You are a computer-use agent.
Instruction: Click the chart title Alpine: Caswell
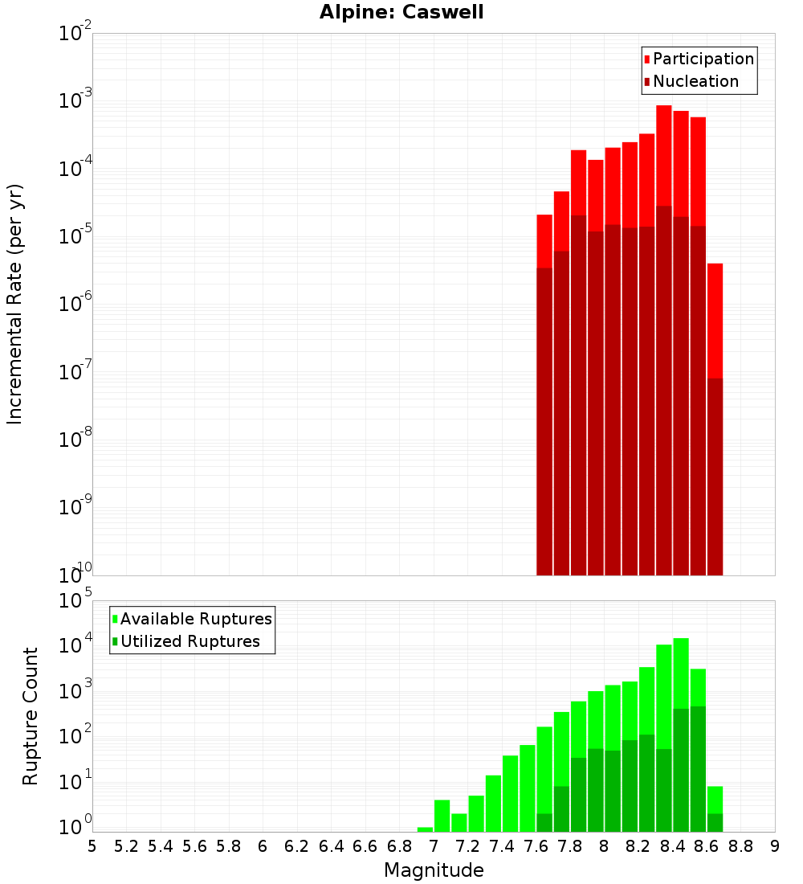pos(401,13)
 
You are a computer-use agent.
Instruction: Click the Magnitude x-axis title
pos(434,870)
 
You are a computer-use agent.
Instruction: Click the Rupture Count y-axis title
pos(31,716)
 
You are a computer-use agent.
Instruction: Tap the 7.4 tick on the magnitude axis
pos(502,846)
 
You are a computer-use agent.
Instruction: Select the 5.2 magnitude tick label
pos(127,846)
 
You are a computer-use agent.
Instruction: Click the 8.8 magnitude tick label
pos(741,846)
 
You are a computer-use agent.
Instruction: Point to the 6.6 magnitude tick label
pos(365,846)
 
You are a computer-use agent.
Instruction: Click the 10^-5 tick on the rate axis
pos(74,236)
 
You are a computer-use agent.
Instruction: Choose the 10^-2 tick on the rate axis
pos(74,34)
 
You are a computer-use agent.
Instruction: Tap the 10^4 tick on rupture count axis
pos(74,645)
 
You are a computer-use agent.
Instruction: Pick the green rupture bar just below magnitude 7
pos(425,829)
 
